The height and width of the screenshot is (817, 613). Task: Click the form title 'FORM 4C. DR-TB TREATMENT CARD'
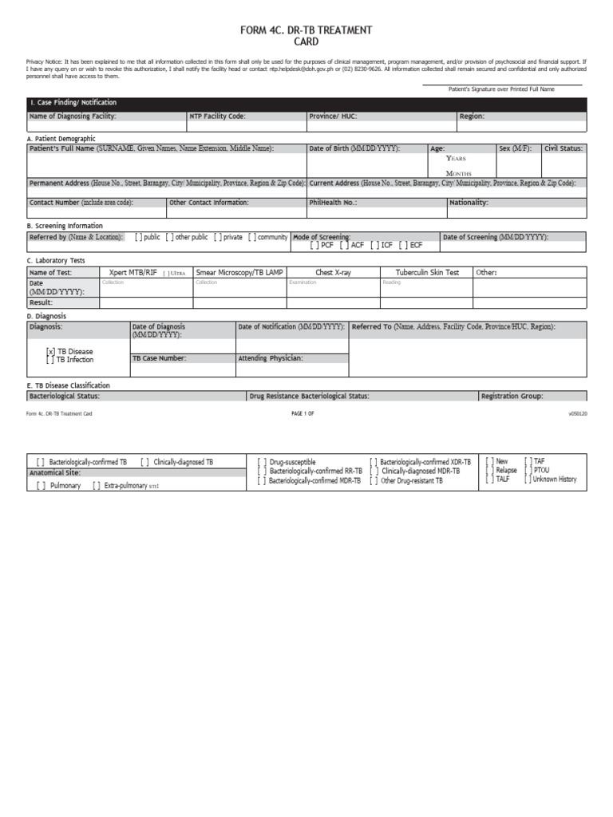coord(306,36)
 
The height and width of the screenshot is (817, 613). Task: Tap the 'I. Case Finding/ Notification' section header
coord(73,103)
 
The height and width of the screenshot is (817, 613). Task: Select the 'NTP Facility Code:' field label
coord(217,116)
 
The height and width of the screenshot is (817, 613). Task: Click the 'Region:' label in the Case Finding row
coord(472,116)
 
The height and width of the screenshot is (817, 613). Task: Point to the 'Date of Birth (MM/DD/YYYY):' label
coord(354,148)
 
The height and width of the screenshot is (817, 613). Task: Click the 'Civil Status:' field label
coord(564,148)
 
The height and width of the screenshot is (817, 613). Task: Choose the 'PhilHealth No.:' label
coord(333,203)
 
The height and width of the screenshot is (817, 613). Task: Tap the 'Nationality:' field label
coord(469,203)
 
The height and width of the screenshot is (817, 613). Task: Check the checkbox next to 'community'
coord(252,237)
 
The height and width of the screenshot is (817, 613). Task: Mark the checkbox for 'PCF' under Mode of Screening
coord(314,245)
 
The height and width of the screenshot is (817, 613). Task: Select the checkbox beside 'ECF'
coord(404,245)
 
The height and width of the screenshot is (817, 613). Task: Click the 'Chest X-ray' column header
coord(333,273)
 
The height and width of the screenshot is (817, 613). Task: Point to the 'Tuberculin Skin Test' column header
coord(427,273)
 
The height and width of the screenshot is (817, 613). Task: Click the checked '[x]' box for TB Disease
coord(51,351)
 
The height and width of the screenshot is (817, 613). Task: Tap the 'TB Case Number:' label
coord(160,358)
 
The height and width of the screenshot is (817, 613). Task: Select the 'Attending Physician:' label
coord(271,358)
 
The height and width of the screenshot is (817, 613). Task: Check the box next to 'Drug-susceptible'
coord(263,462)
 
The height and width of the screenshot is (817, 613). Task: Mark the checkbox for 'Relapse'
coord(490,471)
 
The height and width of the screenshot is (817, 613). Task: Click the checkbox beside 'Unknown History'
coord(528,480)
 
